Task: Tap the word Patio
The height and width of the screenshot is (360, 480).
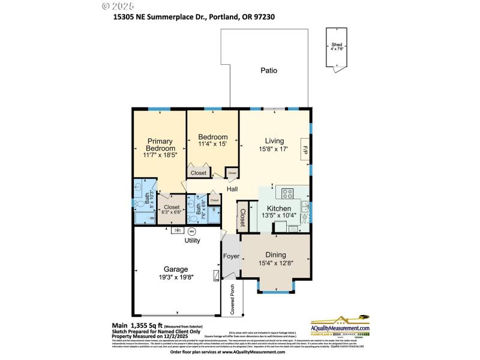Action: click(269, 70)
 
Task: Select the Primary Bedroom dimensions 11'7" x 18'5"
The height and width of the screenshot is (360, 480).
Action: click(160, 155)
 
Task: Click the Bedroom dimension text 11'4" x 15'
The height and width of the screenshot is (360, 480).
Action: click(213, 145)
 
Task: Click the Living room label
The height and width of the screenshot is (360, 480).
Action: click(274, 141)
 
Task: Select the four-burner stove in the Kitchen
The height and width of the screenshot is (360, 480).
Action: click(286, 194)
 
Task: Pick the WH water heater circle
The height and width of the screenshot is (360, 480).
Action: click(192, 231)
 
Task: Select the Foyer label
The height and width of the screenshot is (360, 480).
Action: click(231, 256)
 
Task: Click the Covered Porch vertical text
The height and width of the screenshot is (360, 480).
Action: click(233, 299)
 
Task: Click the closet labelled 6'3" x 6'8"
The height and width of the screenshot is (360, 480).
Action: click(170, 209)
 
